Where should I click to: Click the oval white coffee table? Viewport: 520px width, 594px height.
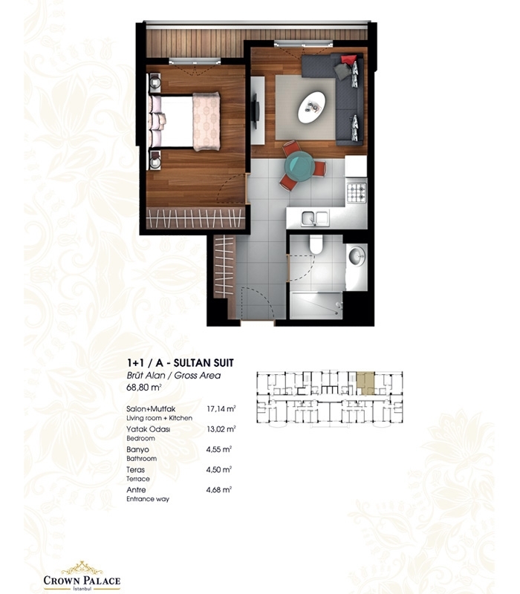(x=311, y=107)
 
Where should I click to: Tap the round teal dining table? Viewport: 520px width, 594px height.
(x=301, y=166)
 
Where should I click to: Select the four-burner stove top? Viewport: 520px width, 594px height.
(x=357, y=192)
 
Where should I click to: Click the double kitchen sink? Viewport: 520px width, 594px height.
(x=314, y=218)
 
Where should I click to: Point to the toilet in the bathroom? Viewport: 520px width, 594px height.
(x=316, y=244)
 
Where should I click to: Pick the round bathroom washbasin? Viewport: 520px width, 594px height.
(x=357, y=256)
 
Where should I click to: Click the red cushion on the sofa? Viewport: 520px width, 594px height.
(x=348, y=60)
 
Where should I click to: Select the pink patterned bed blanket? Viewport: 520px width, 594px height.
(x=207, y=121)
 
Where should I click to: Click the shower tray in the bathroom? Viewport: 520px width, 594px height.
(x=316, y=305)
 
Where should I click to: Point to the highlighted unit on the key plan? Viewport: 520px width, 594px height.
(x=365, y=383)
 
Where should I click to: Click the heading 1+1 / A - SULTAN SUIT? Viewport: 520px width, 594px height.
(x=181, y=363)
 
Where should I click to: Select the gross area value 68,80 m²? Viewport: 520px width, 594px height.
(x=144, y=388)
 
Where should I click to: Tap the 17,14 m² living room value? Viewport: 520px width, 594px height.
(x=221, y=409)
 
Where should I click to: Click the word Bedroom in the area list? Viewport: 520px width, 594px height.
(x=140, y=438)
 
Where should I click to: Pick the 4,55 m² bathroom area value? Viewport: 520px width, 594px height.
(x=218, y=449)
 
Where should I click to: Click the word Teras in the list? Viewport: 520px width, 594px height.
(x=136, y=470)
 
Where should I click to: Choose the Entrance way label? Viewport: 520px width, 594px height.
(x=148, y=499)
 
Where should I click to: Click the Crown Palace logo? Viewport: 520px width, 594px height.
(x=82, y=576)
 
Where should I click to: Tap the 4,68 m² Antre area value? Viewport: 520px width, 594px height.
(x=218, y=490)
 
